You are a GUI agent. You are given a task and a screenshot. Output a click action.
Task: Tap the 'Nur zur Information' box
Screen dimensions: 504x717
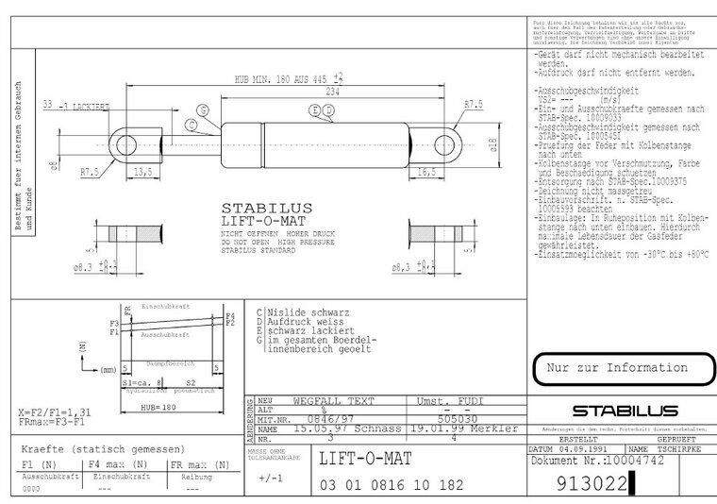coord(619,367)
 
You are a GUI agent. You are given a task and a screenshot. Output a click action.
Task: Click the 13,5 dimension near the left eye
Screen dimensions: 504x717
coord(144,172)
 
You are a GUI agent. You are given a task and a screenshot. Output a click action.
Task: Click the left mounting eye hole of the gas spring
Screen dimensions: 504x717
coord(122,144)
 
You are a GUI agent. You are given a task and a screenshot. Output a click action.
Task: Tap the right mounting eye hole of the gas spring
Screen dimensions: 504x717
coord(446,143)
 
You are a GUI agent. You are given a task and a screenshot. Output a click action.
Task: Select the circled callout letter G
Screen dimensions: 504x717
coord(192,125)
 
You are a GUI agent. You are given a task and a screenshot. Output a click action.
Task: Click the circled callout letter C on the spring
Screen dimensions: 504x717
coord(204,109)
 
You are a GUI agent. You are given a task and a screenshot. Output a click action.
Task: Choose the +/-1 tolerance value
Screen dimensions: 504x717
coord(271,479)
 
